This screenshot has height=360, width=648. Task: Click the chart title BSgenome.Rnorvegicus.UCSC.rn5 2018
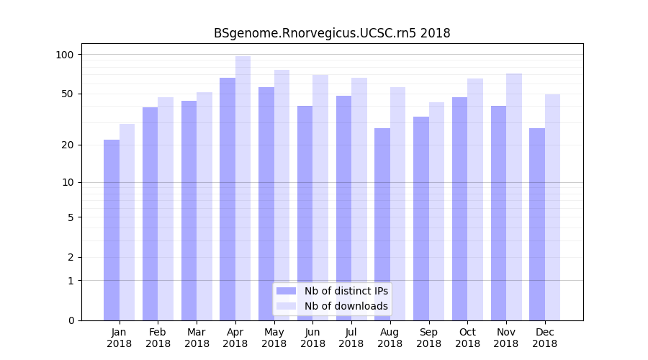[332, 33]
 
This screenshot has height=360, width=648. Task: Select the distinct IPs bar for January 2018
[112, 230]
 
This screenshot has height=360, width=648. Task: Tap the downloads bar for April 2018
[243, 187]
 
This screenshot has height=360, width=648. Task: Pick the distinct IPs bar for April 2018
[228, 199]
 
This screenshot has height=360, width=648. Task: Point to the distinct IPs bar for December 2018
[537, 224]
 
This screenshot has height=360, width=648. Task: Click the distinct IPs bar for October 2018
[460, 209]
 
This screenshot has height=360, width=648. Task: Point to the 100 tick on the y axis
[66, 55]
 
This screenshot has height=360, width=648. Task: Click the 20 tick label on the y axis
[68, 145]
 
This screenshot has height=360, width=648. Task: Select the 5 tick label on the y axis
[71, 217]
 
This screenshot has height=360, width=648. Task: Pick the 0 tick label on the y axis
[71, 320]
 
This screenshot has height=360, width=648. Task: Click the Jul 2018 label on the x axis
[351, 338]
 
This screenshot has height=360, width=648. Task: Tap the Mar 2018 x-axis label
[197, 338]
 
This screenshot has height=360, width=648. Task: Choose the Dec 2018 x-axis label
[544, 338]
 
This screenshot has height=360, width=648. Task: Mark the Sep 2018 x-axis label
[428, 338]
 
